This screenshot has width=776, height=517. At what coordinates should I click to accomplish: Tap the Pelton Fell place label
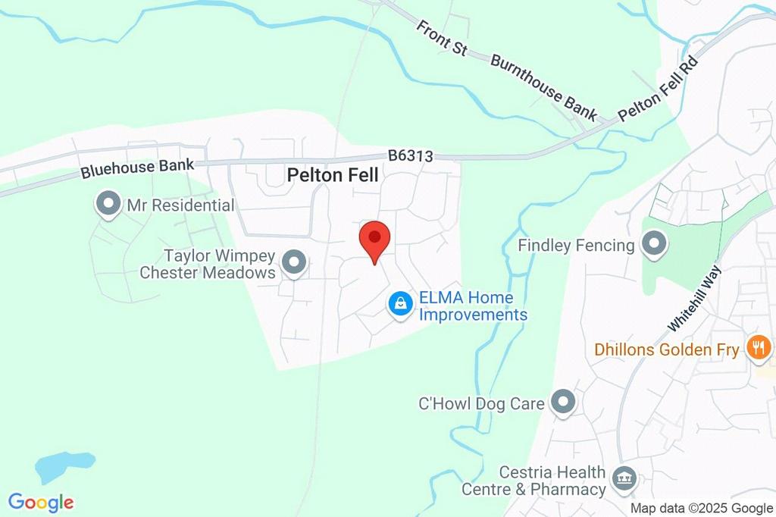pos(333,175)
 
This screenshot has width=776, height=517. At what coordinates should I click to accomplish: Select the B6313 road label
pos(410,156)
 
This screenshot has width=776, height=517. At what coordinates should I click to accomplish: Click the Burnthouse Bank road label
pos(543,87)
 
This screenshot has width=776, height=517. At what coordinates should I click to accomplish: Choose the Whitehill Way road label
pos(693,297)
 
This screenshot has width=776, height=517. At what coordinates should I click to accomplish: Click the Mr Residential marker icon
pos(108,204)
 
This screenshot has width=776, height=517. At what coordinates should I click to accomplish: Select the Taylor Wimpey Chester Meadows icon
pos(293,263)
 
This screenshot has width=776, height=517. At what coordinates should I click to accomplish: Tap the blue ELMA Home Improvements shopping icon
pos(400,304)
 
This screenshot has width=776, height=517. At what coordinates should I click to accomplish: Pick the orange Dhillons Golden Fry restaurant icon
pos(756,349)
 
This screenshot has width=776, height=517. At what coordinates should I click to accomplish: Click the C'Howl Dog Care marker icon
pos(562,403)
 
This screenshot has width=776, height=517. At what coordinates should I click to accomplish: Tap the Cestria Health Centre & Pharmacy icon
pos(625,478)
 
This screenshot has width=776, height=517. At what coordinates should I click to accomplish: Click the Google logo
pos(41,502)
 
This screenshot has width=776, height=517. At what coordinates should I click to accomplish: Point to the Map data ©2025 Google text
pos(702,509)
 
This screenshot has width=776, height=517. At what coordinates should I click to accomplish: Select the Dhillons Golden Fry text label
pos(667,350)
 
